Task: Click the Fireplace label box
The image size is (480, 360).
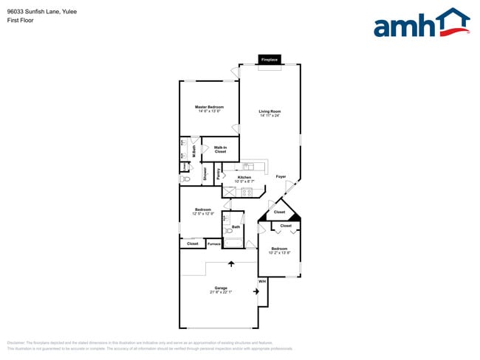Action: (270, 59)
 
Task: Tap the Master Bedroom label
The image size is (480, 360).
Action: (209, 107)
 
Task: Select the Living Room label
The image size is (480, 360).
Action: (270, 111)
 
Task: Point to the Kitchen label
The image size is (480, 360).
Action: (244, 177)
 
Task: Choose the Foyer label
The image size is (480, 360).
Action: (281, 177)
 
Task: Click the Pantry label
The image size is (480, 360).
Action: (219, 175)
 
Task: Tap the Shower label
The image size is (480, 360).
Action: (205, 174)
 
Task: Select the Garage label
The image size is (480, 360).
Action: (220, 288)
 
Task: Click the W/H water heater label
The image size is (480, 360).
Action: (262, 281)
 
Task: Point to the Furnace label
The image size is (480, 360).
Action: (214, 243)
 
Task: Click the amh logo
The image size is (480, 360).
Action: (421, 24)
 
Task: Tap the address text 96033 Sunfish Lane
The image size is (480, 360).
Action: (31, 13)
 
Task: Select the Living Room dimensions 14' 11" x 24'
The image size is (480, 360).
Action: (270, 116)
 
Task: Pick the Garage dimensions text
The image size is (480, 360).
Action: (220, 292)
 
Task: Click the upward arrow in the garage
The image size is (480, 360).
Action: (231, 263)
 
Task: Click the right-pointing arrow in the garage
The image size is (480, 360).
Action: (256, 292)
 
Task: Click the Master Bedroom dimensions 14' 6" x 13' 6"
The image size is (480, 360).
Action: (209, 111)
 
